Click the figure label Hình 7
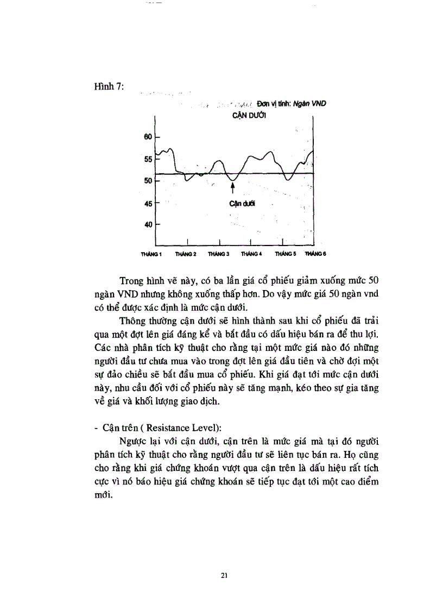[x=110, y=88]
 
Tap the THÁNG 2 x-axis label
[x=186, y=254]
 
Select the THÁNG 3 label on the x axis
[x=218, y=254]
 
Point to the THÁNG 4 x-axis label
[x=252, y=254]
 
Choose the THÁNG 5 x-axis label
[x=286, y=254]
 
